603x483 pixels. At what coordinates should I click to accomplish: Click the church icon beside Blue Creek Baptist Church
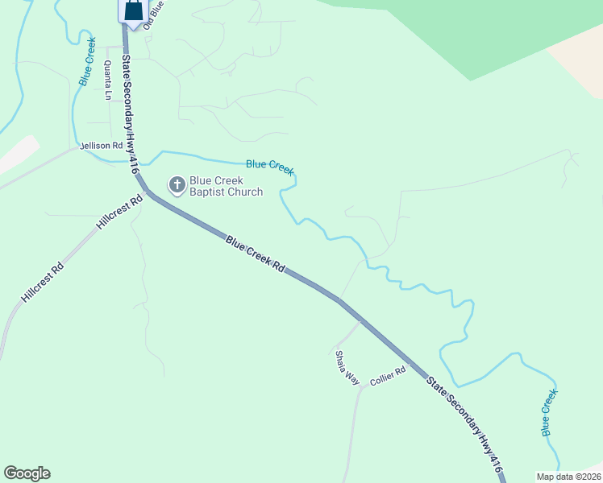point(177,186)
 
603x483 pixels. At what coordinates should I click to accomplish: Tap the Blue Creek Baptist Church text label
point(226,186)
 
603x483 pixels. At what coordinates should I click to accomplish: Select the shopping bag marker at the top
point(135,10)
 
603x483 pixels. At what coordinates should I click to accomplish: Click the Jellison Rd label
point(102,146)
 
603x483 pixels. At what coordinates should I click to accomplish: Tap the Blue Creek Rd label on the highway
point(255,254)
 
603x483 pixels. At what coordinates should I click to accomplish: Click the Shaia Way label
point(347,367)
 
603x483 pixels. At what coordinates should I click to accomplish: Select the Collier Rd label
point(386,380)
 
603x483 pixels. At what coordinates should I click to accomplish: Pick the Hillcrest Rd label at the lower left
point(42,281)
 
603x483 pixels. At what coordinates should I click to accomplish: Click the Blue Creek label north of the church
point(269,166)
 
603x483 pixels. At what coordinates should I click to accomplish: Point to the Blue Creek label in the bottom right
point(549,412)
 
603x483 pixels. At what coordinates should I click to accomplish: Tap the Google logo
point(27,473)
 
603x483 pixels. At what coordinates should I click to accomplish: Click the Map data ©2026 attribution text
point(568,477)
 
